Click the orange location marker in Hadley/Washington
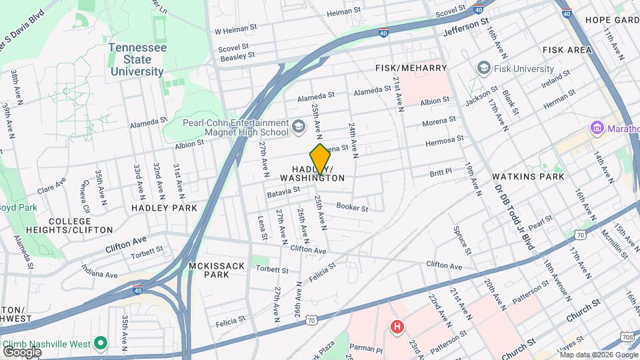[320, 159]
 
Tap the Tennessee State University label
[137, 60]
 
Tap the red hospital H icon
[397, 327]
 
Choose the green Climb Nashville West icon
[101, 343]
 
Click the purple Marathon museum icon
[595, 127]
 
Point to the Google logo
[22, 351]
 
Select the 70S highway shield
[627, 337]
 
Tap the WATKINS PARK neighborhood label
[528, 177]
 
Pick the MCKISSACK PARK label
[217, 270]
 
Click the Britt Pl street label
[441, 172]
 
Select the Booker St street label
[352, 208]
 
